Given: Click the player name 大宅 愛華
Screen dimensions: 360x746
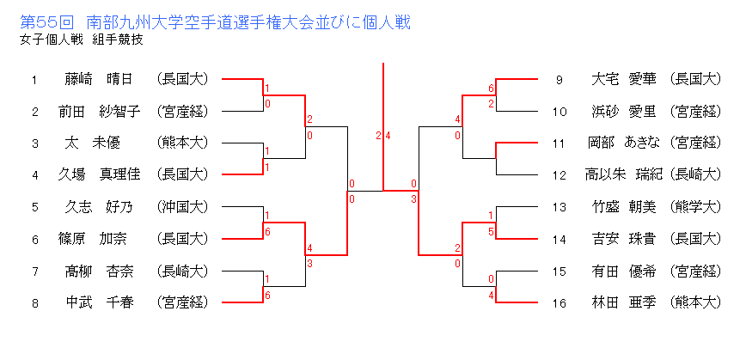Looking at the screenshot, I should coord(624,79).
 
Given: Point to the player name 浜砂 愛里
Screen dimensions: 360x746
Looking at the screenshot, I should coord(624,111).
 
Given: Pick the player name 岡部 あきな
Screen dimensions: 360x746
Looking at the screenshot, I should coord(624,143).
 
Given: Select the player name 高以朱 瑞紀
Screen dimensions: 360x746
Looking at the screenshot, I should coord(624,174).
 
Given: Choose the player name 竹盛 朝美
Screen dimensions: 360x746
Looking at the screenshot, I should coord(624,206).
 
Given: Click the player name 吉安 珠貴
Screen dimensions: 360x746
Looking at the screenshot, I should coord(624,238).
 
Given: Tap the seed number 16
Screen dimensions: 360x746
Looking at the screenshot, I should coord(559,302).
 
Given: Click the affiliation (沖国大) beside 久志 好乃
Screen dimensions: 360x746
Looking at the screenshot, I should coord(182,206).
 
